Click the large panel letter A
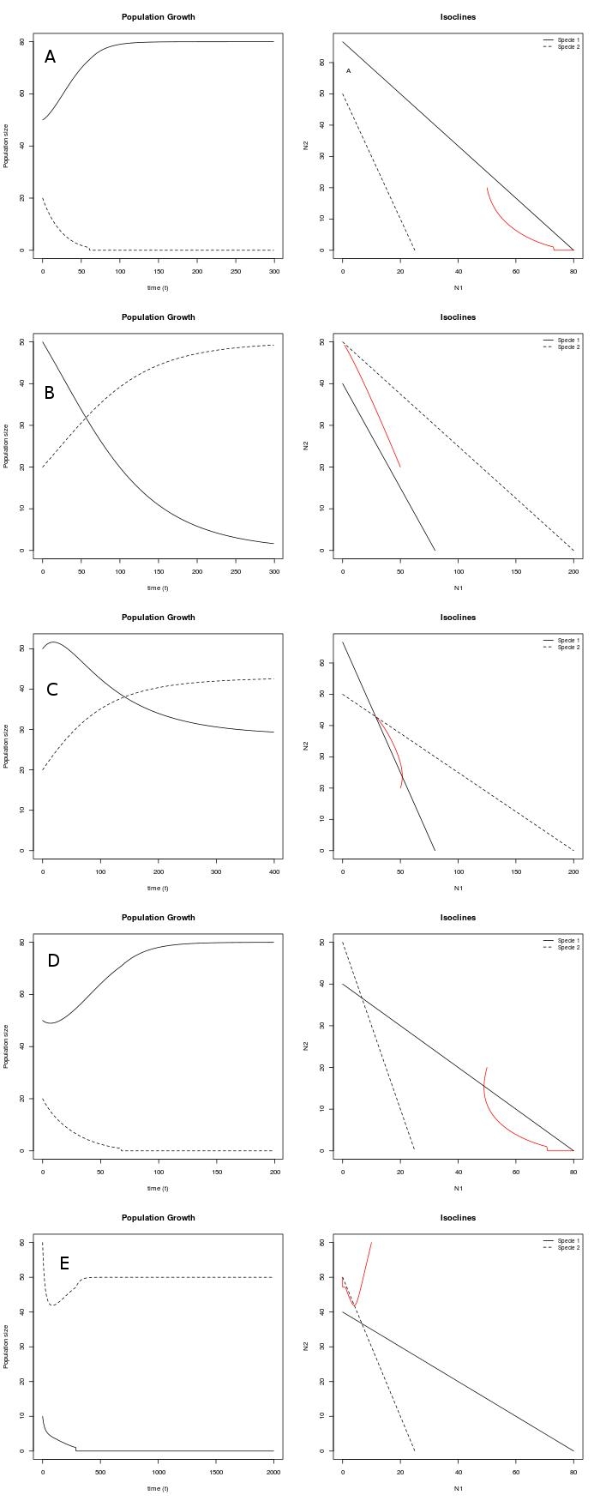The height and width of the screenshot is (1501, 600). point(51,57)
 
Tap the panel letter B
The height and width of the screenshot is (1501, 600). point(50,393)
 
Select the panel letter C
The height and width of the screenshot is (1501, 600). point(51,690)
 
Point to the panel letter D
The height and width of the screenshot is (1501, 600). point(53,961)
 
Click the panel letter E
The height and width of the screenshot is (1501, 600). point(64,1263)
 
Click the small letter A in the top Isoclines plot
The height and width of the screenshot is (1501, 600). point(349,71)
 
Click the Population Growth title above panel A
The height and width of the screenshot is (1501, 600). point(158,17)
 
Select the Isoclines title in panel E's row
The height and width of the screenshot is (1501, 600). point(458,1218)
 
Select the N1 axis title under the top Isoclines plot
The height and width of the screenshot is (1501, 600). point(458,287)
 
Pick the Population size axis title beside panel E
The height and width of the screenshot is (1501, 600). point(7,1347)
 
